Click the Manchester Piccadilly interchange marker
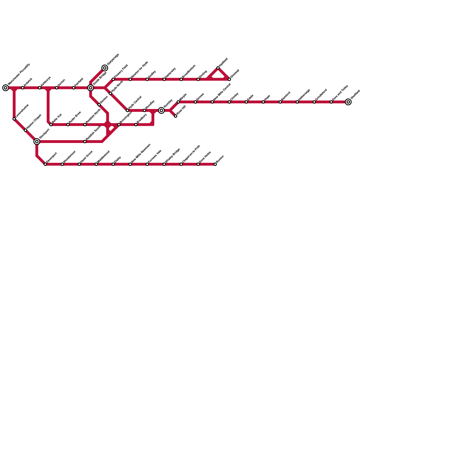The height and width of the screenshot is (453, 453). coord(6,88)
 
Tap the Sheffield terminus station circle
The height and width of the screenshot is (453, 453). coord(348,102)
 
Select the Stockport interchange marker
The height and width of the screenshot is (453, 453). coord(37,142)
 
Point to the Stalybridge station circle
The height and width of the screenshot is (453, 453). coord(105,68)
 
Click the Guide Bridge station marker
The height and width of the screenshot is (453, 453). coord(91,88)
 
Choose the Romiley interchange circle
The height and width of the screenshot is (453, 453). coord(161,110)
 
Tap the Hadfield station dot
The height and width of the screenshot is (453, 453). coord(218,68)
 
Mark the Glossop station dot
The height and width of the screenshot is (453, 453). coord(229,79)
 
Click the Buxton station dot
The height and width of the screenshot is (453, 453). coord(215,164)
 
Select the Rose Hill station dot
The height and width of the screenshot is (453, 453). coord(176,116)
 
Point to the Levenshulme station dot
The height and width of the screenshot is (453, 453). coord(14,119)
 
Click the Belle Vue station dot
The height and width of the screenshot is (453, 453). coord(51,125)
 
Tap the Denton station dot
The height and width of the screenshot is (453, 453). coord(99,105)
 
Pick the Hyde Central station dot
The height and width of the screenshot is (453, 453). coord(127,110)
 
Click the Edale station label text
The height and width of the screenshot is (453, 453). coord(250,97)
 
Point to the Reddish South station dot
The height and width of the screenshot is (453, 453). coord(85,142)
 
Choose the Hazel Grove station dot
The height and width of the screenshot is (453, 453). coord(79,164)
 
